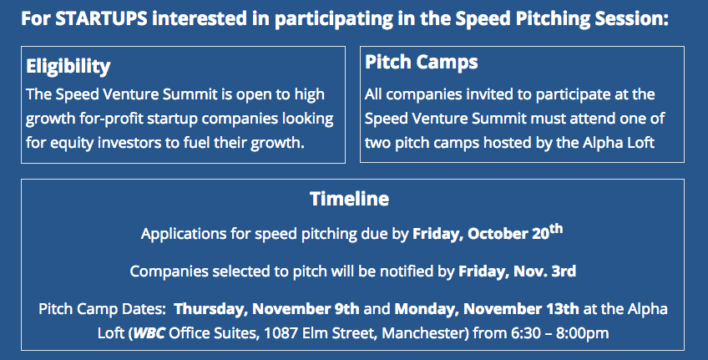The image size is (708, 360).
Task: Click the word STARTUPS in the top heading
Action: coord(102,19)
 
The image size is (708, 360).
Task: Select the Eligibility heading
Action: coord(68,67)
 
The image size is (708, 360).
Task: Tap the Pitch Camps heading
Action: coord(422,63)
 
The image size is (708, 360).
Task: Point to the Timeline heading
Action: coord(350,199)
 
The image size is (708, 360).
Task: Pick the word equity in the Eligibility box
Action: coord(70,143)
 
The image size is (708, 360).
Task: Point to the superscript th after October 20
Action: coord(556,229)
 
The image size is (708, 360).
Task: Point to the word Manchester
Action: coord(423,333)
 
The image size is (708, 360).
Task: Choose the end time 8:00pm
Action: coord(582,333)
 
